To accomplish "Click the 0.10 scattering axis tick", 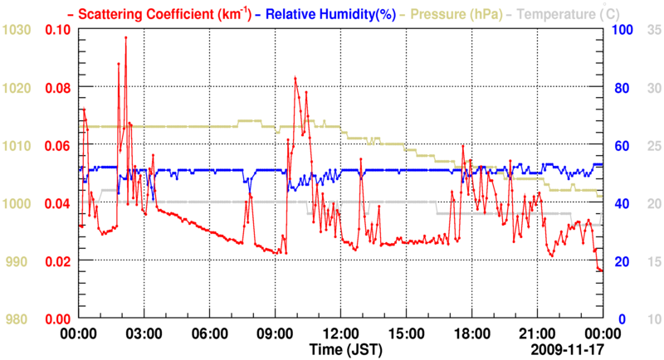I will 58,30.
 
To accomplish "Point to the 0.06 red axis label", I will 58,146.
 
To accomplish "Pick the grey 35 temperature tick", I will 652,30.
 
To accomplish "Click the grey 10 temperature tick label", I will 652,319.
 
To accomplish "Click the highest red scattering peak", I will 125,37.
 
